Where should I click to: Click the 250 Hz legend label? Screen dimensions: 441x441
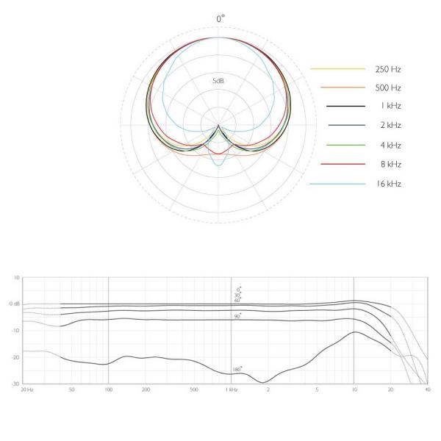[x=388, y=69]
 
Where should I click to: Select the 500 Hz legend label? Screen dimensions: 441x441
[x=388, y=88]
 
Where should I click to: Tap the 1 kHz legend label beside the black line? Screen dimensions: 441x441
[x=391, y=106]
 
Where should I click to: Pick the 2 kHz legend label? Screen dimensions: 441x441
[x=391, y=125]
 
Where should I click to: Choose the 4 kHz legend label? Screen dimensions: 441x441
[x=391, y=146]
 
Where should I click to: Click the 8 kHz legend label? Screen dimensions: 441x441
[x=391, y=164]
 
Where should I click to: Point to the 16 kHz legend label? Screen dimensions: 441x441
[x=389, y=184]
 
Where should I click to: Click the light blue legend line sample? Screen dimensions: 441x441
[x=337, y=184]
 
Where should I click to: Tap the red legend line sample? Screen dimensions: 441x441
[x=343, y=164]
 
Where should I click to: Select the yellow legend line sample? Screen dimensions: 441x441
[x=337, y=68]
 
